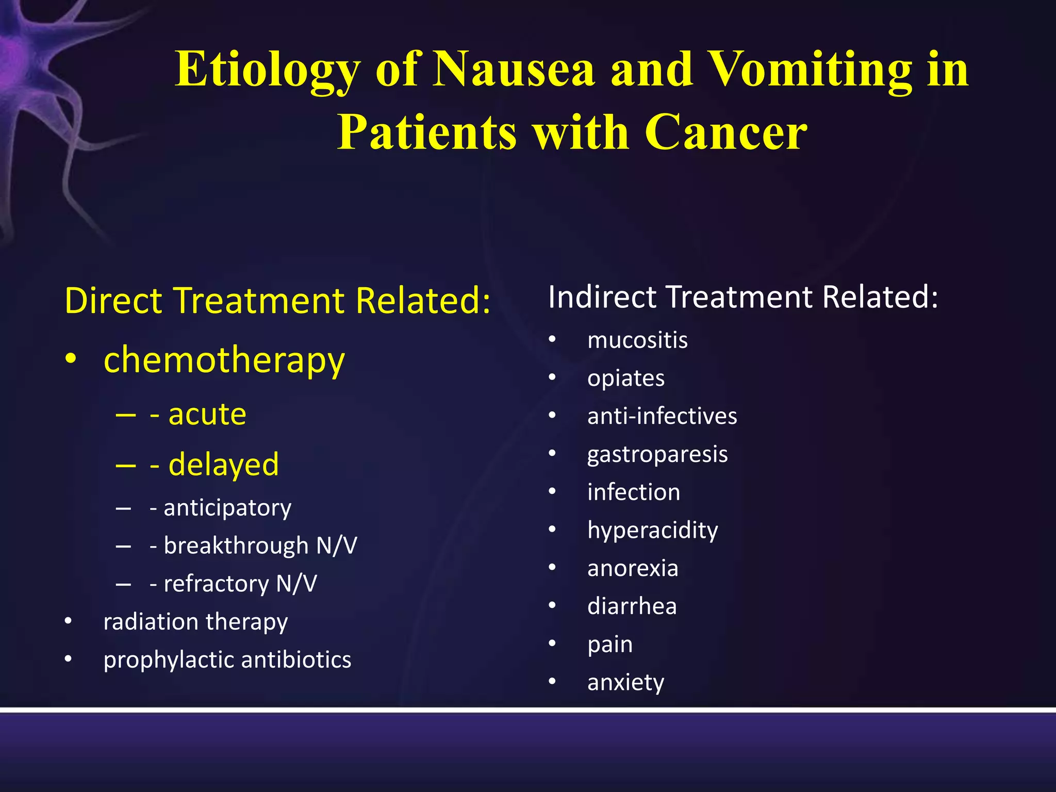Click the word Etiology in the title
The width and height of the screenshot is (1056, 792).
tap(266, 71)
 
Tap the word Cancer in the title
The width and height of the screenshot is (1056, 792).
tap(725, 133)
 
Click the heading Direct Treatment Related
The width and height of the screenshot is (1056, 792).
tap(277, 301)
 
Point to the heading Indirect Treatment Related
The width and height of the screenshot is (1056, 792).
tap(742, 298)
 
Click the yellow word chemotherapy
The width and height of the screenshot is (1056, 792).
tap(224, 360)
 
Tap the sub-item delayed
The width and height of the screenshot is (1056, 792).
tap(223, 465)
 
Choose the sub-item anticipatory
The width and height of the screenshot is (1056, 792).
tap(227, 508)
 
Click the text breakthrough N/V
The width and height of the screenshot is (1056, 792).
tap(260, 546)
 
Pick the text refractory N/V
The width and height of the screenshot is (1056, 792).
tap(240, 584)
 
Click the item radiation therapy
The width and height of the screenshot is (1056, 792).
tap(195, 622)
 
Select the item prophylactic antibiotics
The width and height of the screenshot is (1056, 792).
tap(227, 660)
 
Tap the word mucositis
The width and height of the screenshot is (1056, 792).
tap(637, 340)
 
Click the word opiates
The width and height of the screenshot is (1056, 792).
tap(625, 379)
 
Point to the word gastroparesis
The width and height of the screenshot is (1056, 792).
tap(657, 455)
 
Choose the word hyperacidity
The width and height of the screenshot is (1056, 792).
tap(652, 531)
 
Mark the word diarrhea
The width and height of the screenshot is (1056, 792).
tap(632, 606)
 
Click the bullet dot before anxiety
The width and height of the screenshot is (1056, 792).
tap(552, 682)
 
